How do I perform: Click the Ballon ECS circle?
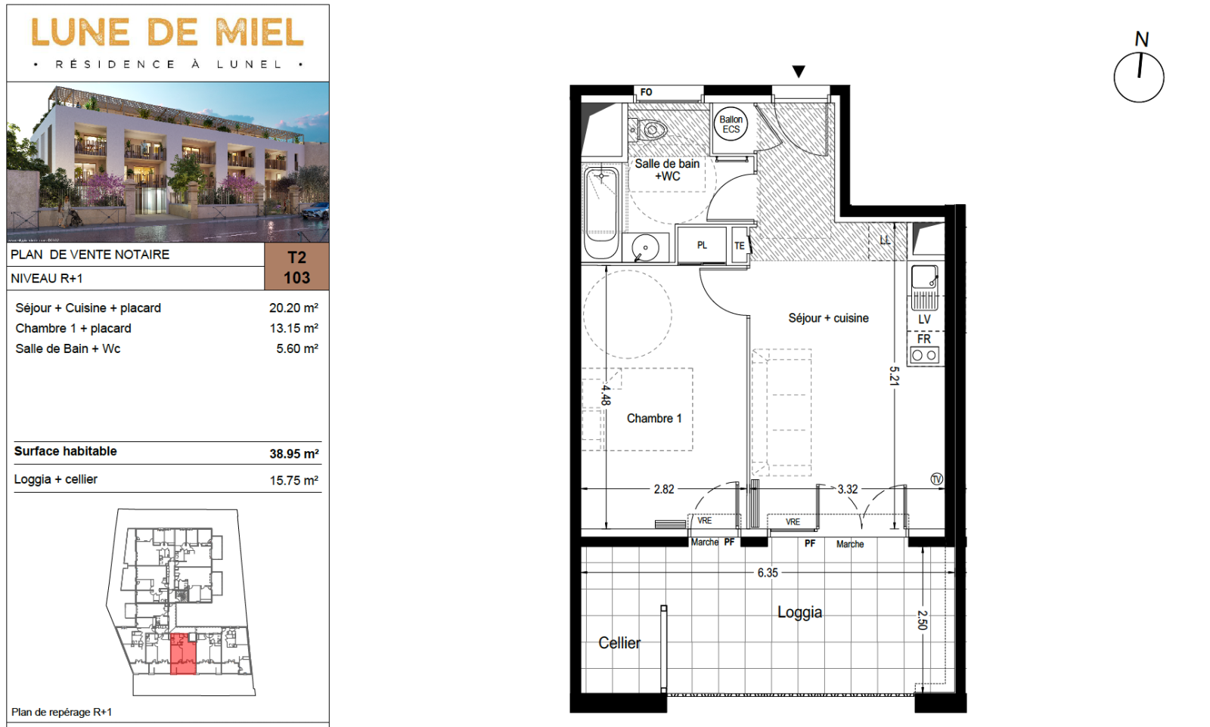tap(731, 124)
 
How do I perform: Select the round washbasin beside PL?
tap(646, 249)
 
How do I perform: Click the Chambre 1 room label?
tap(654, 418)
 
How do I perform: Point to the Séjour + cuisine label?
tap(828, 318)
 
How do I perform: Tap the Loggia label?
tap(799, 613)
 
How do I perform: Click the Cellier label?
tap(619, 643)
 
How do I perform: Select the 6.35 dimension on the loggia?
tap(768, 573)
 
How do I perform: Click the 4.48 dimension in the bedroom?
tap(606, 395)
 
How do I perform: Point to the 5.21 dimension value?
tap(894, 376)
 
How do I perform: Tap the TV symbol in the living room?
tap(937, 478)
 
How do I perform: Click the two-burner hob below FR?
tap(924, 355)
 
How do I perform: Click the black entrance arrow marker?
tap(799, 71)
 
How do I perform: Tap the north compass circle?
tap(1139, 77)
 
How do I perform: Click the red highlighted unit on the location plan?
tap(183, 654)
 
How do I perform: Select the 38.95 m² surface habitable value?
tap(294, 454)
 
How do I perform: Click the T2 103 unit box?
tap(296, 268)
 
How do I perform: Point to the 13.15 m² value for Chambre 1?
tap(294, 328)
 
